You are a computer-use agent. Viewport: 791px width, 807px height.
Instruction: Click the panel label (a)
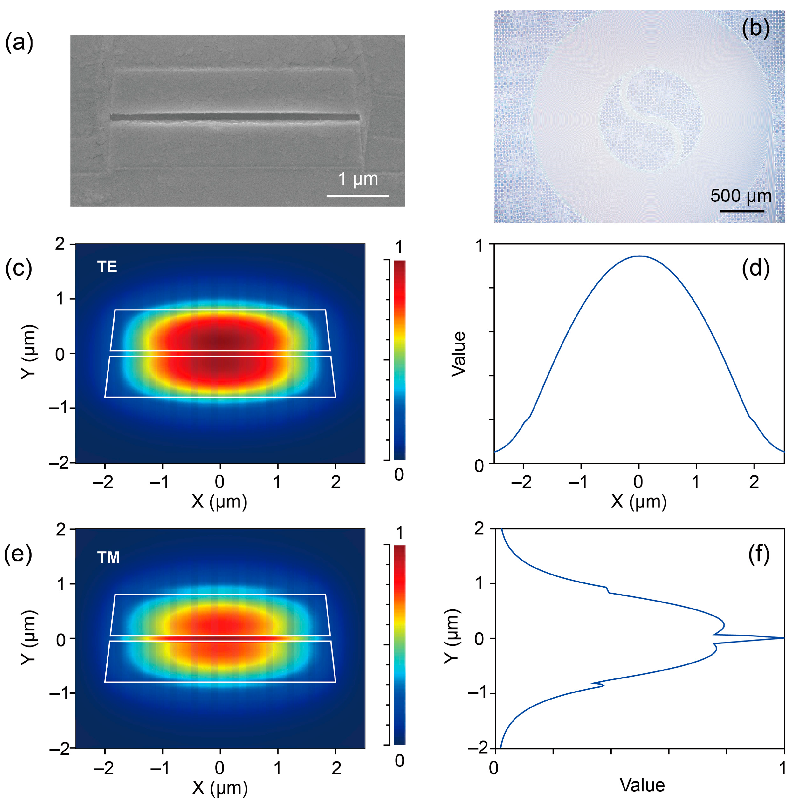coord(19,43)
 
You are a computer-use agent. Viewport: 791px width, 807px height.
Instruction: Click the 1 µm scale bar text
coord(358,179)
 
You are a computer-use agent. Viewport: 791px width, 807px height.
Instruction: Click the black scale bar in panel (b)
coord(742,211)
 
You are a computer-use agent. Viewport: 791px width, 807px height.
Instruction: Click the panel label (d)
coord(755,268)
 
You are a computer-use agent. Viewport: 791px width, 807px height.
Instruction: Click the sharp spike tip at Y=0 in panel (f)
coord(783,638)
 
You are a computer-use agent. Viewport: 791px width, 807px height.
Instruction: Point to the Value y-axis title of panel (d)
coord(459,354)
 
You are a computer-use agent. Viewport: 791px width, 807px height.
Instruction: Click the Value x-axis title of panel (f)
coord(642,785)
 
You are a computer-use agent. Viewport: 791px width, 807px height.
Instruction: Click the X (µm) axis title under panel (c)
coord(219,502)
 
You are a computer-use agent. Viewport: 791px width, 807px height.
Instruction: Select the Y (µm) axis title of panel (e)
coord(29,637)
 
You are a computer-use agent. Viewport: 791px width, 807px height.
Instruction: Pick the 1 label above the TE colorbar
coord(399,247)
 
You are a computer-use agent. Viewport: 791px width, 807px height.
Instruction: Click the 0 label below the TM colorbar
coord(399,760)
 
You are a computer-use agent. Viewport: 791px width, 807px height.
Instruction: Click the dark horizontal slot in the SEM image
coord(235,117)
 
